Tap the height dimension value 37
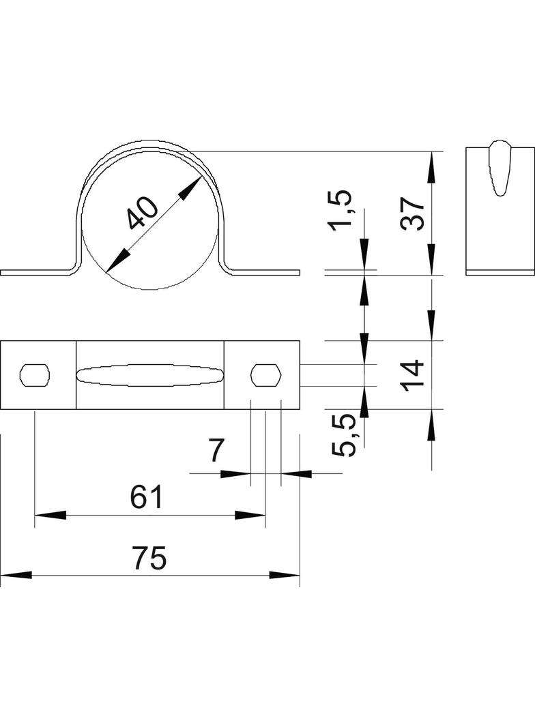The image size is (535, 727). click(414, 213)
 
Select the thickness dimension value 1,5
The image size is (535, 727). click(341, 210)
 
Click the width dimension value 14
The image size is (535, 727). click(414, 374)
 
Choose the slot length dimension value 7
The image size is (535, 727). click(216, 451)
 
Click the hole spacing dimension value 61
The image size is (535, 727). click(147, 497)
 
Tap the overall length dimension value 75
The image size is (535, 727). click(149, 559)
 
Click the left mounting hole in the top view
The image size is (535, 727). click(35, 374)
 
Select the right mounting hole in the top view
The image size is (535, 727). click(265, 374)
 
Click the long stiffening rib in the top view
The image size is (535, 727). click(149, 374)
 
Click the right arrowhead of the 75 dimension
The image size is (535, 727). click(285, 576)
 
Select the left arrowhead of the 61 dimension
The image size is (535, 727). click(49, 515)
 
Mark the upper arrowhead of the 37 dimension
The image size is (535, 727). click(431, 167)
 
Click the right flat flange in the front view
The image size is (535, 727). click(266, 273)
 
